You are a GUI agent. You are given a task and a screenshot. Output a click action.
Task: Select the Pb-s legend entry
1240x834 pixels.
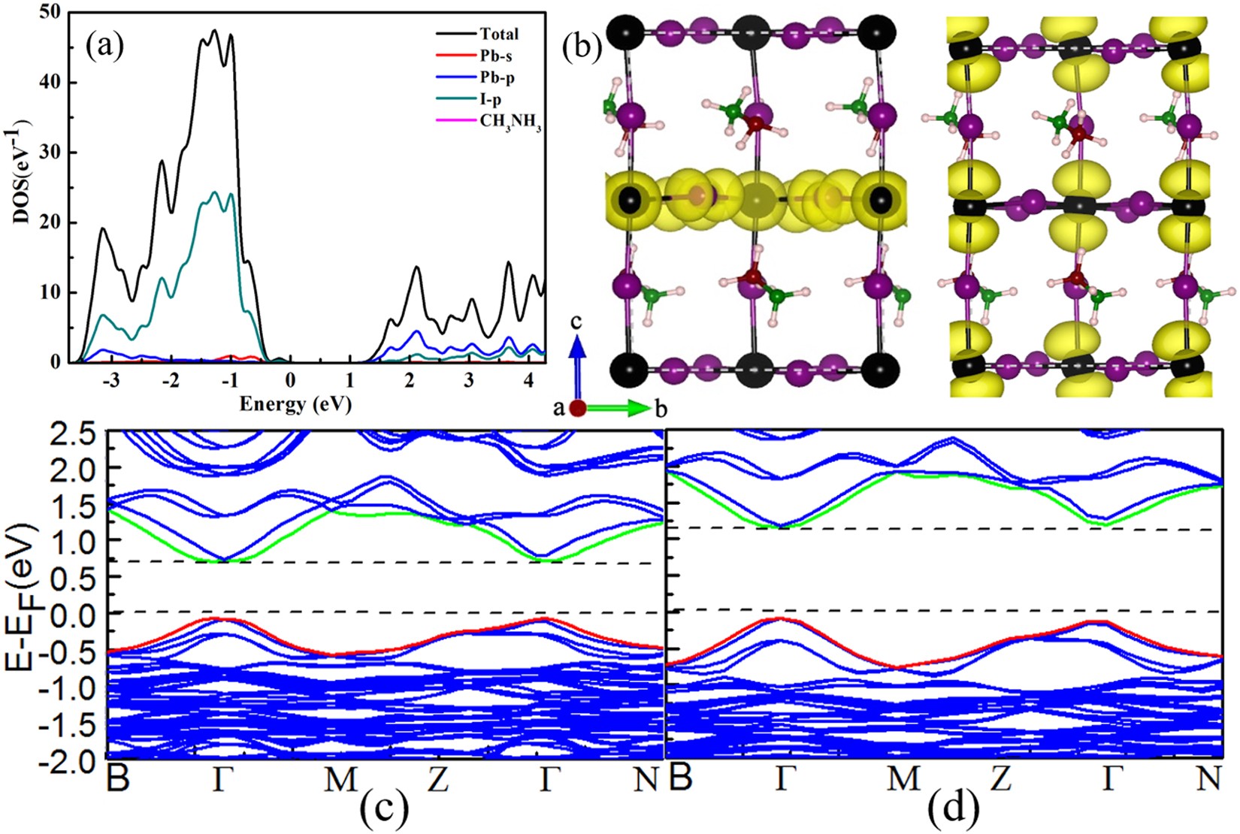coord(497,56)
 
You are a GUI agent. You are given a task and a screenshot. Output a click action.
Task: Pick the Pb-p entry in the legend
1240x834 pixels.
coord(497,78)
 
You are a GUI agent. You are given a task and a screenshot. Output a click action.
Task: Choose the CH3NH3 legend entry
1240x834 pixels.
coord(510,121)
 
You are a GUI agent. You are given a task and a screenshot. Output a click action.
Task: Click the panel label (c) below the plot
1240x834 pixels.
coord(384,809)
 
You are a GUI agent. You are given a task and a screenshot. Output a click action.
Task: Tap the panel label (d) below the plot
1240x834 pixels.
coord(953,809)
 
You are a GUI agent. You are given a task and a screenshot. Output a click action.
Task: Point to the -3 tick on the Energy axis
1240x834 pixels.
coord(110,379)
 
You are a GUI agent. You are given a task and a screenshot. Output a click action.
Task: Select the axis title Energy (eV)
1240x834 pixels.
coord(295,404)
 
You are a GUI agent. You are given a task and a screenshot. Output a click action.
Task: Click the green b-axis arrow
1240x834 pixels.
coord(619,409)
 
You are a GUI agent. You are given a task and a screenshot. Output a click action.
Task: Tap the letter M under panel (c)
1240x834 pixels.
coord(340,780)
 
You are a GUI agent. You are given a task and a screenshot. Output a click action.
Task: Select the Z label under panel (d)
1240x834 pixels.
coord(1000,780)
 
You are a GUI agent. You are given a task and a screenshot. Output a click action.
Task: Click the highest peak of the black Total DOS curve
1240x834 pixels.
coord(214,30)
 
